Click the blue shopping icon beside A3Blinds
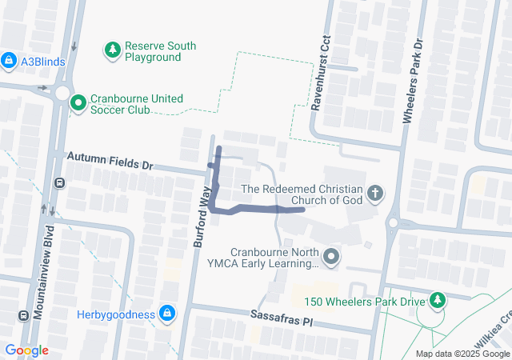[x=9, y=60]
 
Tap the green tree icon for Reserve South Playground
[x=113, y=51]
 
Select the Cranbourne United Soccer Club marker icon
[x=78, y=103]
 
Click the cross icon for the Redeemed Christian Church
[x=374, y=193]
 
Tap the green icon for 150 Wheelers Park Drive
[x=438, y=301]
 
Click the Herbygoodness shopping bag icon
[x=166, y=314]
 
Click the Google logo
[x=26, y=350]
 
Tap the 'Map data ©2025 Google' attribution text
[x=462, y=354]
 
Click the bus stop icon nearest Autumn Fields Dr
[x=59, y=183]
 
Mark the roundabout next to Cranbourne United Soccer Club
[x=62, y=93]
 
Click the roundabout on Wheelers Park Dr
[x=394, y=222]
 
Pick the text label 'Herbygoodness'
[x=116, y=314]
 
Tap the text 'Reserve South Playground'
[x=160, y=52]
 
